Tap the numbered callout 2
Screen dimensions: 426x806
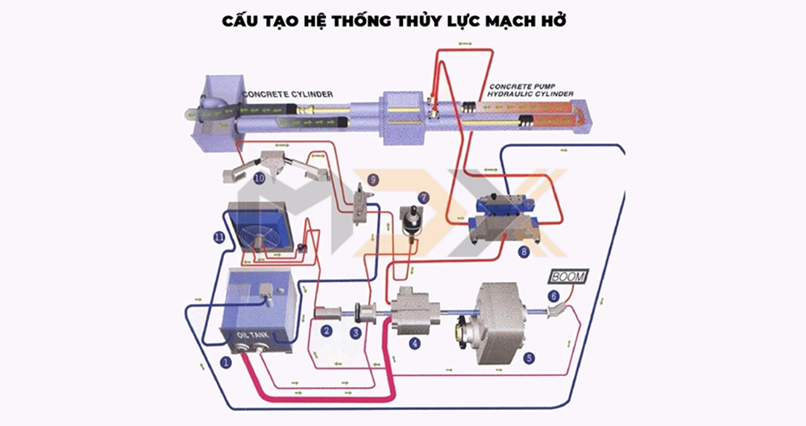pos(327,331)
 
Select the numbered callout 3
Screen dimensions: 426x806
pos(355,332)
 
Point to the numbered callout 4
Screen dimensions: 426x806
pos(415,343)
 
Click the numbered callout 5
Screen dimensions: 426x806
pos(529,357)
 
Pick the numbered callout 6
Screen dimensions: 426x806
pos(554,296)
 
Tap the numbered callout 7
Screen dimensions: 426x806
pos(424,197)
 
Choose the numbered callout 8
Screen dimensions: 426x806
pos(524,252)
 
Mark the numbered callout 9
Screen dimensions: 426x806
pos(372,179)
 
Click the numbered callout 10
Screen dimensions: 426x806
pos(259,178)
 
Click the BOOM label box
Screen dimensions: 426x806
pos(568,276)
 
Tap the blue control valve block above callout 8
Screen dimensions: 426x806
pos(505,209)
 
